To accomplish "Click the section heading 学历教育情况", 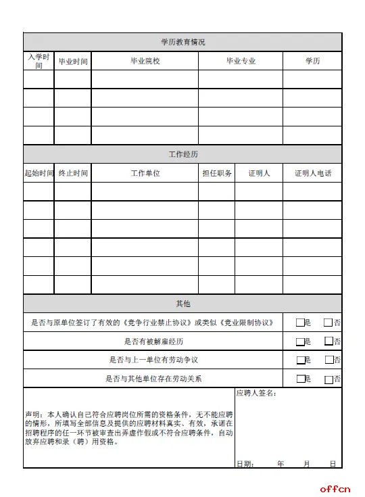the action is tap(182, 42).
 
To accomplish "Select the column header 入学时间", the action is tap(39, 61).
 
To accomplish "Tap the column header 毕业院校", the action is tap(145, 61).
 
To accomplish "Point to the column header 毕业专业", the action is tap(240, 61).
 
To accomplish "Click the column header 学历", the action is tap(312, 61).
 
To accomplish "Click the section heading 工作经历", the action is tap(182, 154).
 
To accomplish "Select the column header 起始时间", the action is tap(39, 173).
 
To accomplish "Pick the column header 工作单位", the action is tap(145, 173).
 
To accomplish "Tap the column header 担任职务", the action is tap(216, 173).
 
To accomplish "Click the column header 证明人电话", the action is tap(312, 173).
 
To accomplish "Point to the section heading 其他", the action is tap(182, 304).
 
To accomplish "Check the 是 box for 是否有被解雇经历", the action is tap(300, 341).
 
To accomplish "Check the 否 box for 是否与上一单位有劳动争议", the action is tap(329, 360).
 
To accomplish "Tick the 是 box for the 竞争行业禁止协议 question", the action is tap(300, 323).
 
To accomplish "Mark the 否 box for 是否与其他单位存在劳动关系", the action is tap(329, 379).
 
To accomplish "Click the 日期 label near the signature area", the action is tap(244, 463).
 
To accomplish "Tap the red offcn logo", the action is tap(335, 488).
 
